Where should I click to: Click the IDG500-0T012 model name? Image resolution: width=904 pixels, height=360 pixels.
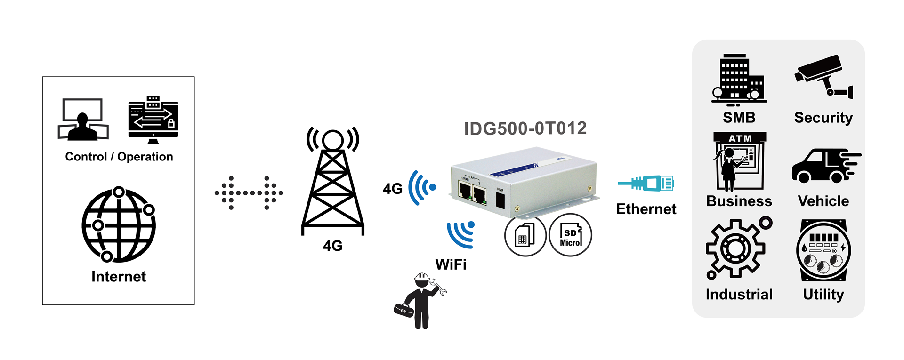point(525,128)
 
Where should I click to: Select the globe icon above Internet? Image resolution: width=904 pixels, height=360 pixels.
point(119,225)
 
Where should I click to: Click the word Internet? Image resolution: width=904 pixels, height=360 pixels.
point(119,277)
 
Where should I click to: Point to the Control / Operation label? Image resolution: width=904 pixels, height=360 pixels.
point(119,157)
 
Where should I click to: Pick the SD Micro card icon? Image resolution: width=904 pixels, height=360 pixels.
point(570,235)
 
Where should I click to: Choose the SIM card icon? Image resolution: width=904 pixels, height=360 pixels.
point(525,235)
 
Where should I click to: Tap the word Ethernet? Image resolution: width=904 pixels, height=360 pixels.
point(646,209)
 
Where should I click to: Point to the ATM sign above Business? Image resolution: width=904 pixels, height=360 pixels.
point(740,138)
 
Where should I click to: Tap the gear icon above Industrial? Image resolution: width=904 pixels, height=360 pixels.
point(736,248)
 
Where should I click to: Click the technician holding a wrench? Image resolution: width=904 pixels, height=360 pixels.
point(420,300)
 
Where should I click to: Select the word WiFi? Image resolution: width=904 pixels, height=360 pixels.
point(451,264)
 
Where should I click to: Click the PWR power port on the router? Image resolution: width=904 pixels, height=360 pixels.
point(500,200)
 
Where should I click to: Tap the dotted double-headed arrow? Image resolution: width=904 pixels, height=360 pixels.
point(249,192)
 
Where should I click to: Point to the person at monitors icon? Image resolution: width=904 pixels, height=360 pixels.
point(83,120)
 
